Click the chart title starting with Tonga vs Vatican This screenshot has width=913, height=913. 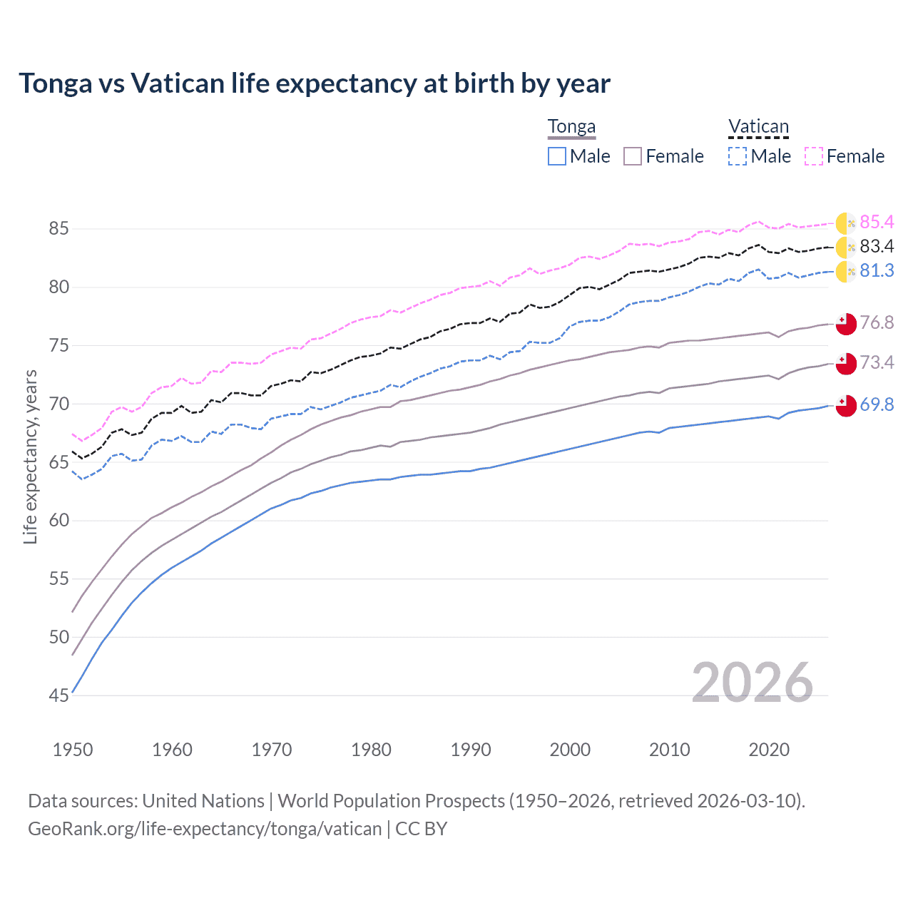[x=315, y=83]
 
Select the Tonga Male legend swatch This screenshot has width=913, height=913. [x=557, y=156]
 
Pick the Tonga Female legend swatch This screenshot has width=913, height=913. [x=633, y=156]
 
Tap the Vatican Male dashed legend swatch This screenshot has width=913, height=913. [x=738, y=156]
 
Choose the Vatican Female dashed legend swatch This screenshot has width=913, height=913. [x=814, y=156]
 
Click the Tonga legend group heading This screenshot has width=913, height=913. [x=571, y=127]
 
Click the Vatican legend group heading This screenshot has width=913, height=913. [x=758, y=127]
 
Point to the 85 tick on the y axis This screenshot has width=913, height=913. [x=58, y=229]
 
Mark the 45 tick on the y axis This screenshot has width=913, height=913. [x=58, y=695]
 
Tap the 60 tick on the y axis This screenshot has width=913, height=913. [x=58, y=521]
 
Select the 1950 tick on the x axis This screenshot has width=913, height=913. [x=73, y=750]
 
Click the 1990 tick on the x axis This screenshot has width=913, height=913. [x=471, y=750]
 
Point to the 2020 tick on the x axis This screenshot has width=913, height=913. [x=769, y=750]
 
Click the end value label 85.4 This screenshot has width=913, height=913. [x=877, y=223]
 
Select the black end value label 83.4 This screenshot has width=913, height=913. [x=877, y=247]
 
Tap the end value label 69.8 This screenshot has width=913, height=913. [x=877, y=405]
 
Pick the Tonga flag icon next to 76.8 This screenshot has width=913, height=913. [x=845, y=323]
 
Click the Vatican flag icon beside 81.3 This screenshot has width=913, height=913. [x=845, y=272]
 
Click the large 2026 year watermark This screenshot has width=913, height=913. [x=753, y=683]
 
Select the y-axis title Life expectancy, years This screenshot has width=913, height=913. [x=31, y=456]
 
